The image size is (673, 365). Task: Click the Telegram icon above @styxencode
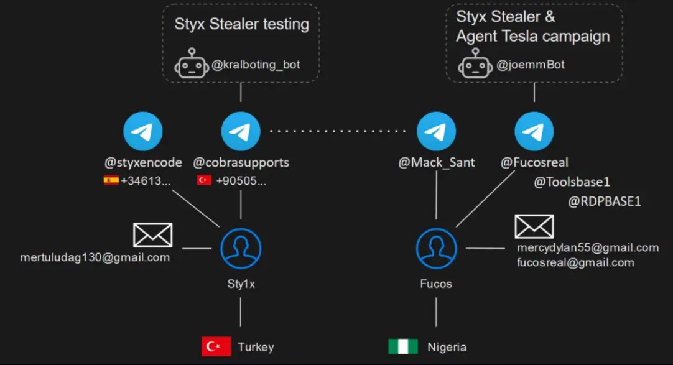pyautogui.click(x=143, y=131)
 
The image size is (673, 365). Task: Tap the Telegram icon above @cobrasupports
pyautogui.click(x=241, y=131)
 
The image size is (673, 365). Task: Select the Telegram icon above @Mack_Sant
pyautogui.click(x=437, y=131)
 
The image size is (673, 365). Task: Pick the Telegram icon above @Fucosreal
pyautogui.click(x=534, y=131)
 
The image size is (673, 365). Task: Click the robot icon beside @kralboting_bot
pyautogui.click(x=192, y=63)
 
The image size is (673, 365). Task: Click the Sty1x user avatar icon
pyautogui.click(x=241, y=248)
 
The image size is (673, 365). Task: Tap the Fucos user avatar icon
pyautogui.click(x=437, y=248)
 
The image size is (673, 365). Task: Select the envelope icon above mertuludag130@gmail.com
pyautogui.click(x=153, y=235)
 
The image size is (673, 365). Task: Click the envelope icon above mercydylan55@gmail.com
pyautogui.click(x=534, y=226)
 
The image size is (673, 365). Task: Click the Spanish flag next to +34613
pyautogui.click(x=111, y=180)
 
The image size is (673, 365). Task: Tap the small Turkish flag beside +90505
pyautogui.click(x=204, y=180)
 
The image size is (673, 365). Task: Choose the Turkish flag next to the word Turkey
pyautogui.click(x=216, y=346)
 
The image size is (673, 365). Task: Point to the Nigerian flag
pyautogui.click(x=403, y=346)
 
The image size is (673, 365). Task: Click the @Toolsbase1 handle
pyautogui.click(x=572, y=182)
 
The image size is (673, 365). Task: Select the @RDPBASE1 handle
pyautogui.click(x=605, y=201)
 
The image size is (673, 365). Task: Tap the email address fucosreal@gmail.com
pyautogui.click(x=575, y=262)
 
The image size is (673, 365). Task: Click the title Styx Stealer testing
pyautogui.click(x=241, y=24)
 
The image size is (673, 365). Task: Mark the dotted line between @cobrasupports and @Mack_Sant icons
pyautogui.click(x=338, y=131)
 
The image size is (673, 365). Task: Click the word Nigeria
pyautogui.click(x=447, y=347)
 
